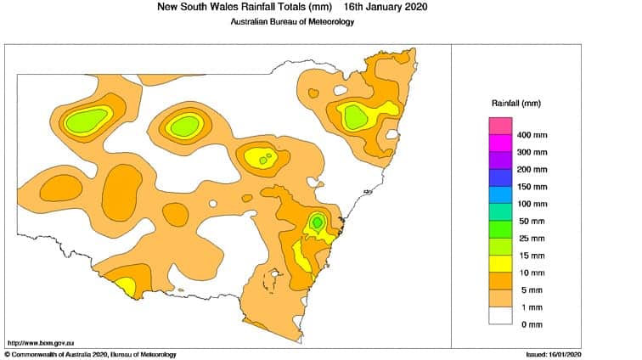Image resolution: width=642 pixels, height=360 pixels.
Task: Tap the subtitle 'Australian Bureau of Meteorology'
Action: coord(292,21)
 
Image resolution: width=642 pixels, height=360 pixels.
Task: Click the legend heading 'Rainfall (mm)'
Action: coord(516,103)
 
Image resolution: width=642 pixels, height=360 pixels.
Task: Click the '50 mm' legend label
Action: coord(532,221)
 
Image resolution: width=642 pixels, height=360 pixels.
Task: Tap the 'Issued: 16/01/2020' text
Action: coord(555,354)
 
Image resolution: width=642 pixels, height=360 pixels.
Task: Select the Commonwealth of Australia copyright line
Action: coord(90,354)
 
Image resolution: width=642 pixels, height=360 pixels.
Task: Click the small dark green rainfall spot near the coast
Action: coord(317,222)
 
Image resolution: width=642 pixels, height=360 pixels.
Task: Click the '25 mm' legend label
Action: coord(532,238)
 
